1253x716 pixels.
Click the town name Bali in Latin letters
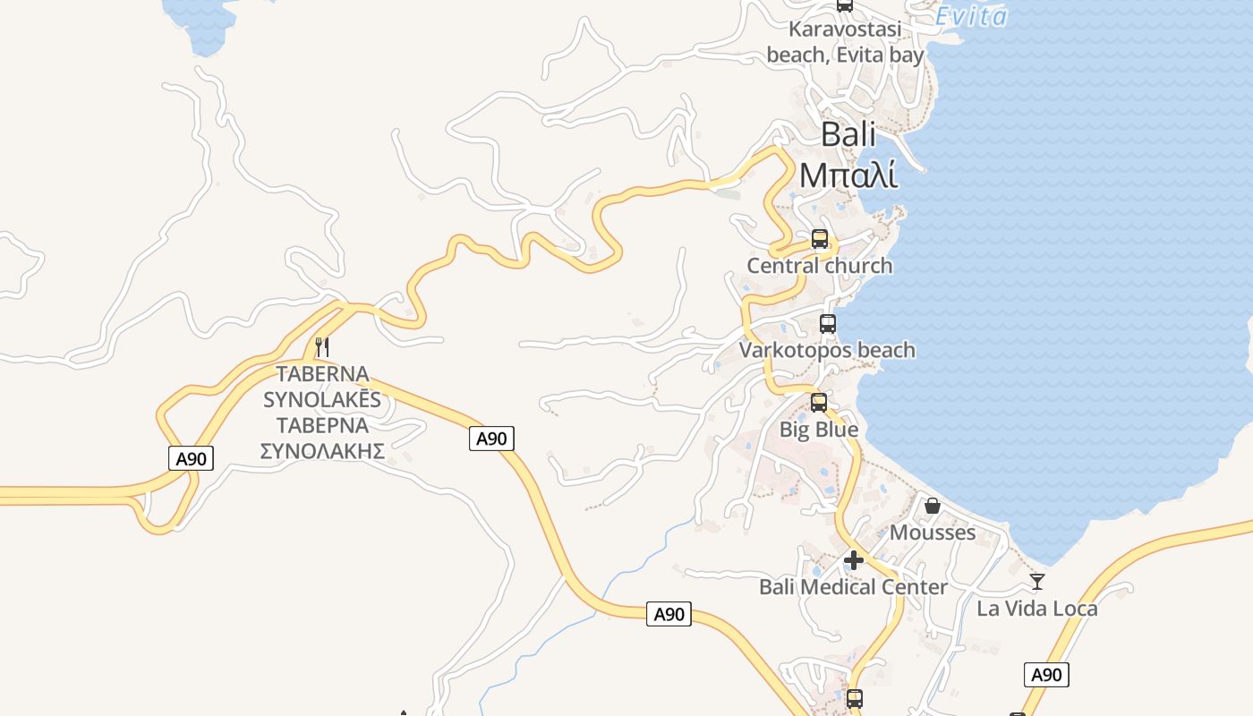848,135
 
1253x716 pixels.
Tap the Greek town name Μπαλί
848,175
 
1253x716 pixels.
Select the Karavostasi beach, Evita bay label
845,42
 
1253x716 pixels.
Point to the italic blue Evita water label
971,16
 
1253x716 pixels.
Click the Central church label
819,266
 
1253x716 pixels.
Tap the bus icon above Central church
819,239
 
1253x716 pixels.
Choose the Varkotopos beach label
827,350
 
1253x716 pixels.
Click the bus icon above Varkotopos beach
828,324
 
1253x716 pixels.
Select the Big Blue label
818,430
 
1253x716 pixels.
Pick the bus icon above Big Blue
819,403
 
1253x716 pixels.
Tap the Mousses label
933,533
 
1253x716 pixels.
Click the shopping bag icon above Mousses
933,507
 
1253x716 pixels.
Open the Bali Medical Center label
853,587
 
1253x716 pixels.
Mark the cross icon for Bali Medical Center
854,561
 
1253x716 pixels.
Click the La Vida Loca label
1036,609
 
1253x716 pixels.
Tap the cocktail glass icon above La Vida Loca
1037,582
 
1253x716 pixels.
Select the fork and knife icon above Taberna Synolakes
322,346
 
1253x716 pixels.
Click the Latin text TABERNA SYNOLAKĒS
322,387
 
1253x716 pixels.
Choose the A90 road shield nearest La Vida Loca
1046,675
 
